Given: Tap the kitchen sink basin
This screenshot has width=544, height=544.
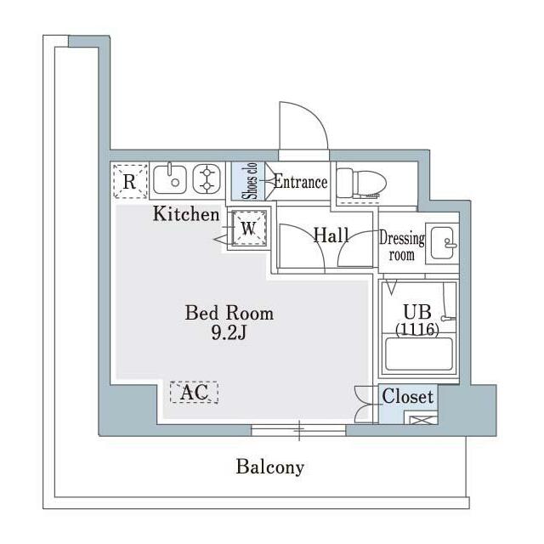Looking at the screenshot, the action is pos(170,179).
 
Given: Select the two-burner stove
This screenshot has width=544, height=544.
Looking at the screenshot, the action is pos(207,179).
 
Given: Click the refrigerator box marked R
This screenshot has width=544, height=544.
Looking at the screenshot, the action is pos(130,181).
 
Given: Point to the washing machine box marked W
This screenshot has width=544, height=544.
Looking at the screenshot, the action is pos(249,228).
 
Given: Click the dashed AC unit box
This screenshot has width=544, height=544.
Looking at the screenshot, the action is pos(194,393).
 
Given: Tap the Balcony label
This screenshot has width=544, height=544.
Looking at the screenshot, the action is pos(270,467).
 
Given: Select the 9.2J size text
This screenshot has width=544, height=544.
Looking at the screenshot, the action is pos(229,333).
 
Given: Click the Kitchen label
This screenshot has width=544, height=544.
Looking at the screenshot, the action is pos(186,213).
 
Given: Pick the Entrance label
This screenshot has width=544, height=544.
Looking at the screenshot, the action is pos(300,182).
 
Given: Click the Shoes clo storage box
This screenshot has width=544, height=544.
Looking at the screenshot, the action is pos(248,181).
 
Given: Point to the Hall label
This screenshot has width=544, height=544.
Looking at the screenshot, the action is pos(331,235).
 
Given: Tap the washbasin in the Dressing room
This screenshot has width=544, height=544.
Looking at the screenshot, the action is pos(442,244).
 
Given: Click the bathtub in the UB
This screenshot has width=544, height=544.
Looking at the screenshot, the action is pos(419,354).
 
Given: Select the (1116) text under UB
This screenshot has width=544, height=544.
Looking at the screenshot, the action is pos(417,329).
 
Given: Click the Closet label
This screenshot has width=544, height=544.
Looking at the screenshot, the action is pos(408,396).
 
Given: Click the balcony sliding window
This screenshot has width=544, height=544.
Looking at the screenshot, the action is pos(298,430).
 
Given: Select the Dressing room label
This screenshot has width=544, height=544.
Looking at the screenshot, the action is pos(402,246).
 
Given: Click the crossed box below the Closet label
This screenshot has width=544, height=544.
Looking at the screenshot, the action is pos(422,420).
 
